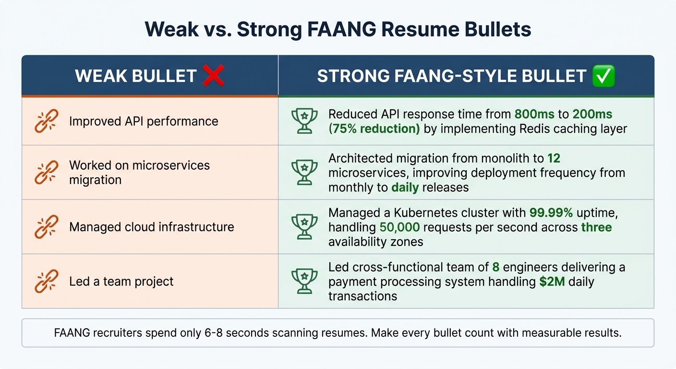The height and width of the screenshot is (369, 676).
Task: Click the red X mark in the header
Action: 213,76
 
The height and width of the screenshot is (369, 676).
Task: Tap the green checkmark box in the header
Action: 604,76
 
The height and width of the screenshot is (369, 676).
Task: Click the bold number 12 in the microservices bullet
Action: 554,158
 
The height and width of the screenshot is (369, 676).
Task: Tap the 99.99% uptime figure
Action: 551,212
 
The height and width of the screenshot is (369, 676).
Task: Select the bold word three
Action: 597,227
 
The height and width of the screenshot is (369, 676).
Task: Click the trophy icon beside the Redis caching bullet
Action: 304,121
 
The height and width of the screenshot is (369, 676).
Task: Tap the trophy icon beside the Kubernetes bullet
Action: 304,227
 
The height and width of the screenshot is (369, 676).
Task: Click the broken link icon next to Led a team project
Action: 47,281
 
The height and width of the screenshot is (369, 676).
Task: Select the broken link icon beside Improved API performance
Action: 47,121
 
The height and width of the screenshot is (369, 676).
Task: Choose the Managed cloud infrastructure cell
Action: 151,227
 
